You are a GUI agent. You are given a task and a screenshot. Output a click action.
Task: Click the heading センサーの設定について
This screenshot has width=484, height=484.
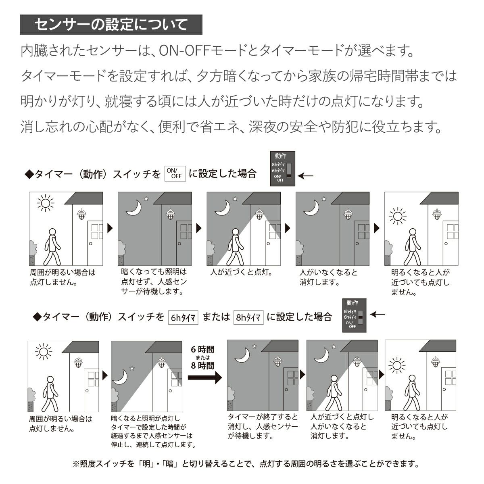click(111, 25)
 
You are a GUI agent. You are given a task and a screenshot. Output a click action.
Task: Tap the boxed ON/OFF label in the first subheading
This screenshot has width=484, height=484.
click(175, 173)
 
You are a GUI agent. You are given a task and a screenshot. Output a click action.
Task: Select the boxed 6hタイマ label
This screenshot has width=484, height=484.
click(183, 317)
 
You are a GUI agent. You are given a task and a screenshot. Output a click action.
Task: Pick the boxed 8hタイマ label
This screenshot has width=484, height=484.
click(248, 317)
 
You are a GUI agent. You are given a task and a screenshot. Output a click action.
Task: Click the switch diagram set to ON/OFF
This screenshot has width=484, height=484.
click(283, 169)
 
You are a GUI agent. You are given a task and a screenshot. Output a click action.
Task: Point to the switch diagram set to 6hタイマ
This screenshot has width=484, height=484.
click(355, 315)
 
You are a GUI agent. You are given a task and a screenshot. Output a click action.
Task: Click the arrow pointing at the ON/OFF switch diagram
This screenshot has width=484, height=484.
click(307, 176)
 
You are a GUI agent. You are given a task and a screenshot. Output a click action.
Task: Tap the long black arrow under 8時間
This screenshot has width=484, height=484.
click(205, 378)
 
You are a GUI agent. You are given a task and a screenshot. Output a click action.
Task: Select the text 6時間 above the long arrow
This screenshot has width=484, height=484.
click(202, 349)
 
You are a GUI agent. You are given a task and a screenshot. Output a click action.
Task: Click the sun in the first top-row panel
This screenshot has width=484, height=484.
click(45, 203)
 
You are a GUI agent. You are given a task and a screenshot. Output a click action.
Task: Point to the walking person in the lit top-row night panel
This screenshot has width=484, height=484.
click(236, 246)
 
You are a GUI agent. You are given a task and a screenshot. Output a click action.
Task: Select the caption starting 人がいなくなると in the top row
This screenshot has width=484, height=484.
click(328, 277)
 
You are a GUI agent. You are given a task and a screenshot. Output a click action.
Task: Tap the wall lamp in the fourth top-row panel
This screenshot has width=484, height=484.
click(348, 215)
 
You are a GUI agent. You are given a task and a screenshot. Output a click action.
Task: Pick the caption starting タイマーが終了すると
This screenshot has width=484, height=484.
click(263, 426)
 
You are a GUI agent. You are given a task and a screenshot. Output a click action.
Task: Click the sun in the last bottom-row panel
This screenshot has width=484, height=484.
click(397, 366)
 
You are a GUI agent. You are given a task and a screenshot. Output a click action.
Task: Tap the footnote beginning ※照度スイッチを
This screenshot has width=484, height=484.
click(246, 464)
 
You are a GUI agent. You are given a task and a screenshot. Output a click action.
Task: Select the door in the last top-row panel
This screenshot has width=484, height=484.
click(450, 242)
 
